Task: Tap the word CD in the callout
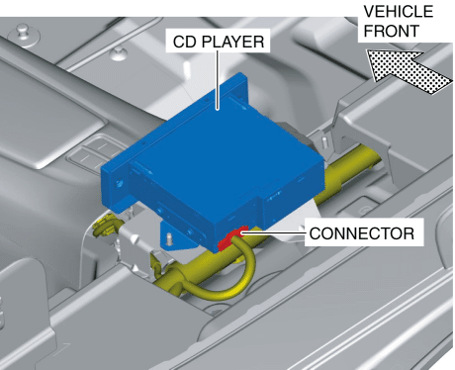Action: (x=185, y=42)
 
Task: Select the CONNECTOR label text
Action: (x=362, y=233)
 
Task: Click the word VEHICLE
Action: (x=399, y=12)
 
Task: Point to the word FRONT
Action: (x=392, y=31)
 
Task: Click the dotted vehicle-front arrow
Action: (x=409, y=71)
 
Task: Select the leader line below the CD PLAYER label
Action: (x=218, y=80)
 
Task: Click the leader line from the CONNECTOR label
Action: (x=274, y=233)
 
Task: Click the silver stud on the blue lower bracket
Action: (x=169, y=238)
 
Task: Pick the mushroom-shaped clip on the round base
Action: (x=23, y=32)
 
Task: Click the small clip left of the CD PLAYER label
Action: (x=118, y=53)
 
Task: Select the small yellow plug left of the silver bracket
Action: (x=102, y=226)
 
